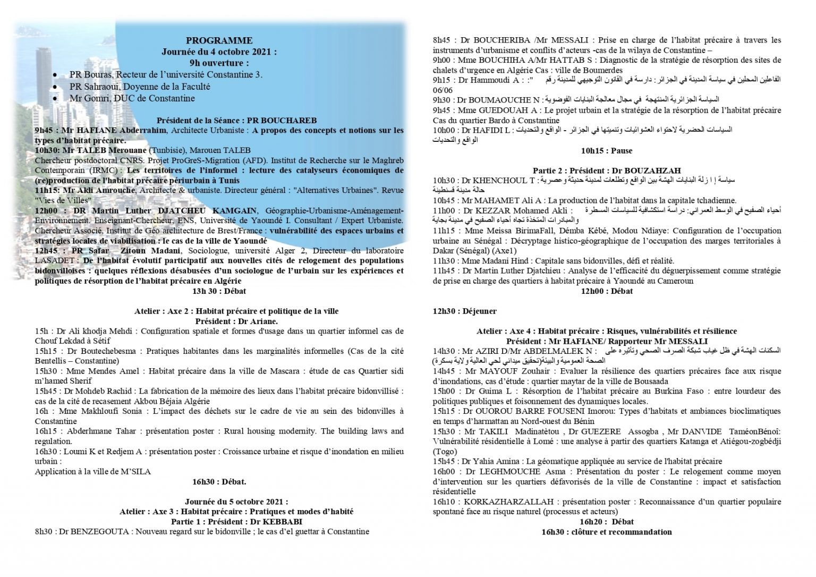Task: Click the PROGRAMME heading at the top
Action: pos(219,41)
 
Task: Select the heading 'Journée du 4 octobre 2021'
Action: pos(219,52)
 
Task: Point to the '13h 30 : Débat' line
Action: pos(219,291)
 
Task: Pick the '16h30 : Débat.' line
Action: pos(219,482)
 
